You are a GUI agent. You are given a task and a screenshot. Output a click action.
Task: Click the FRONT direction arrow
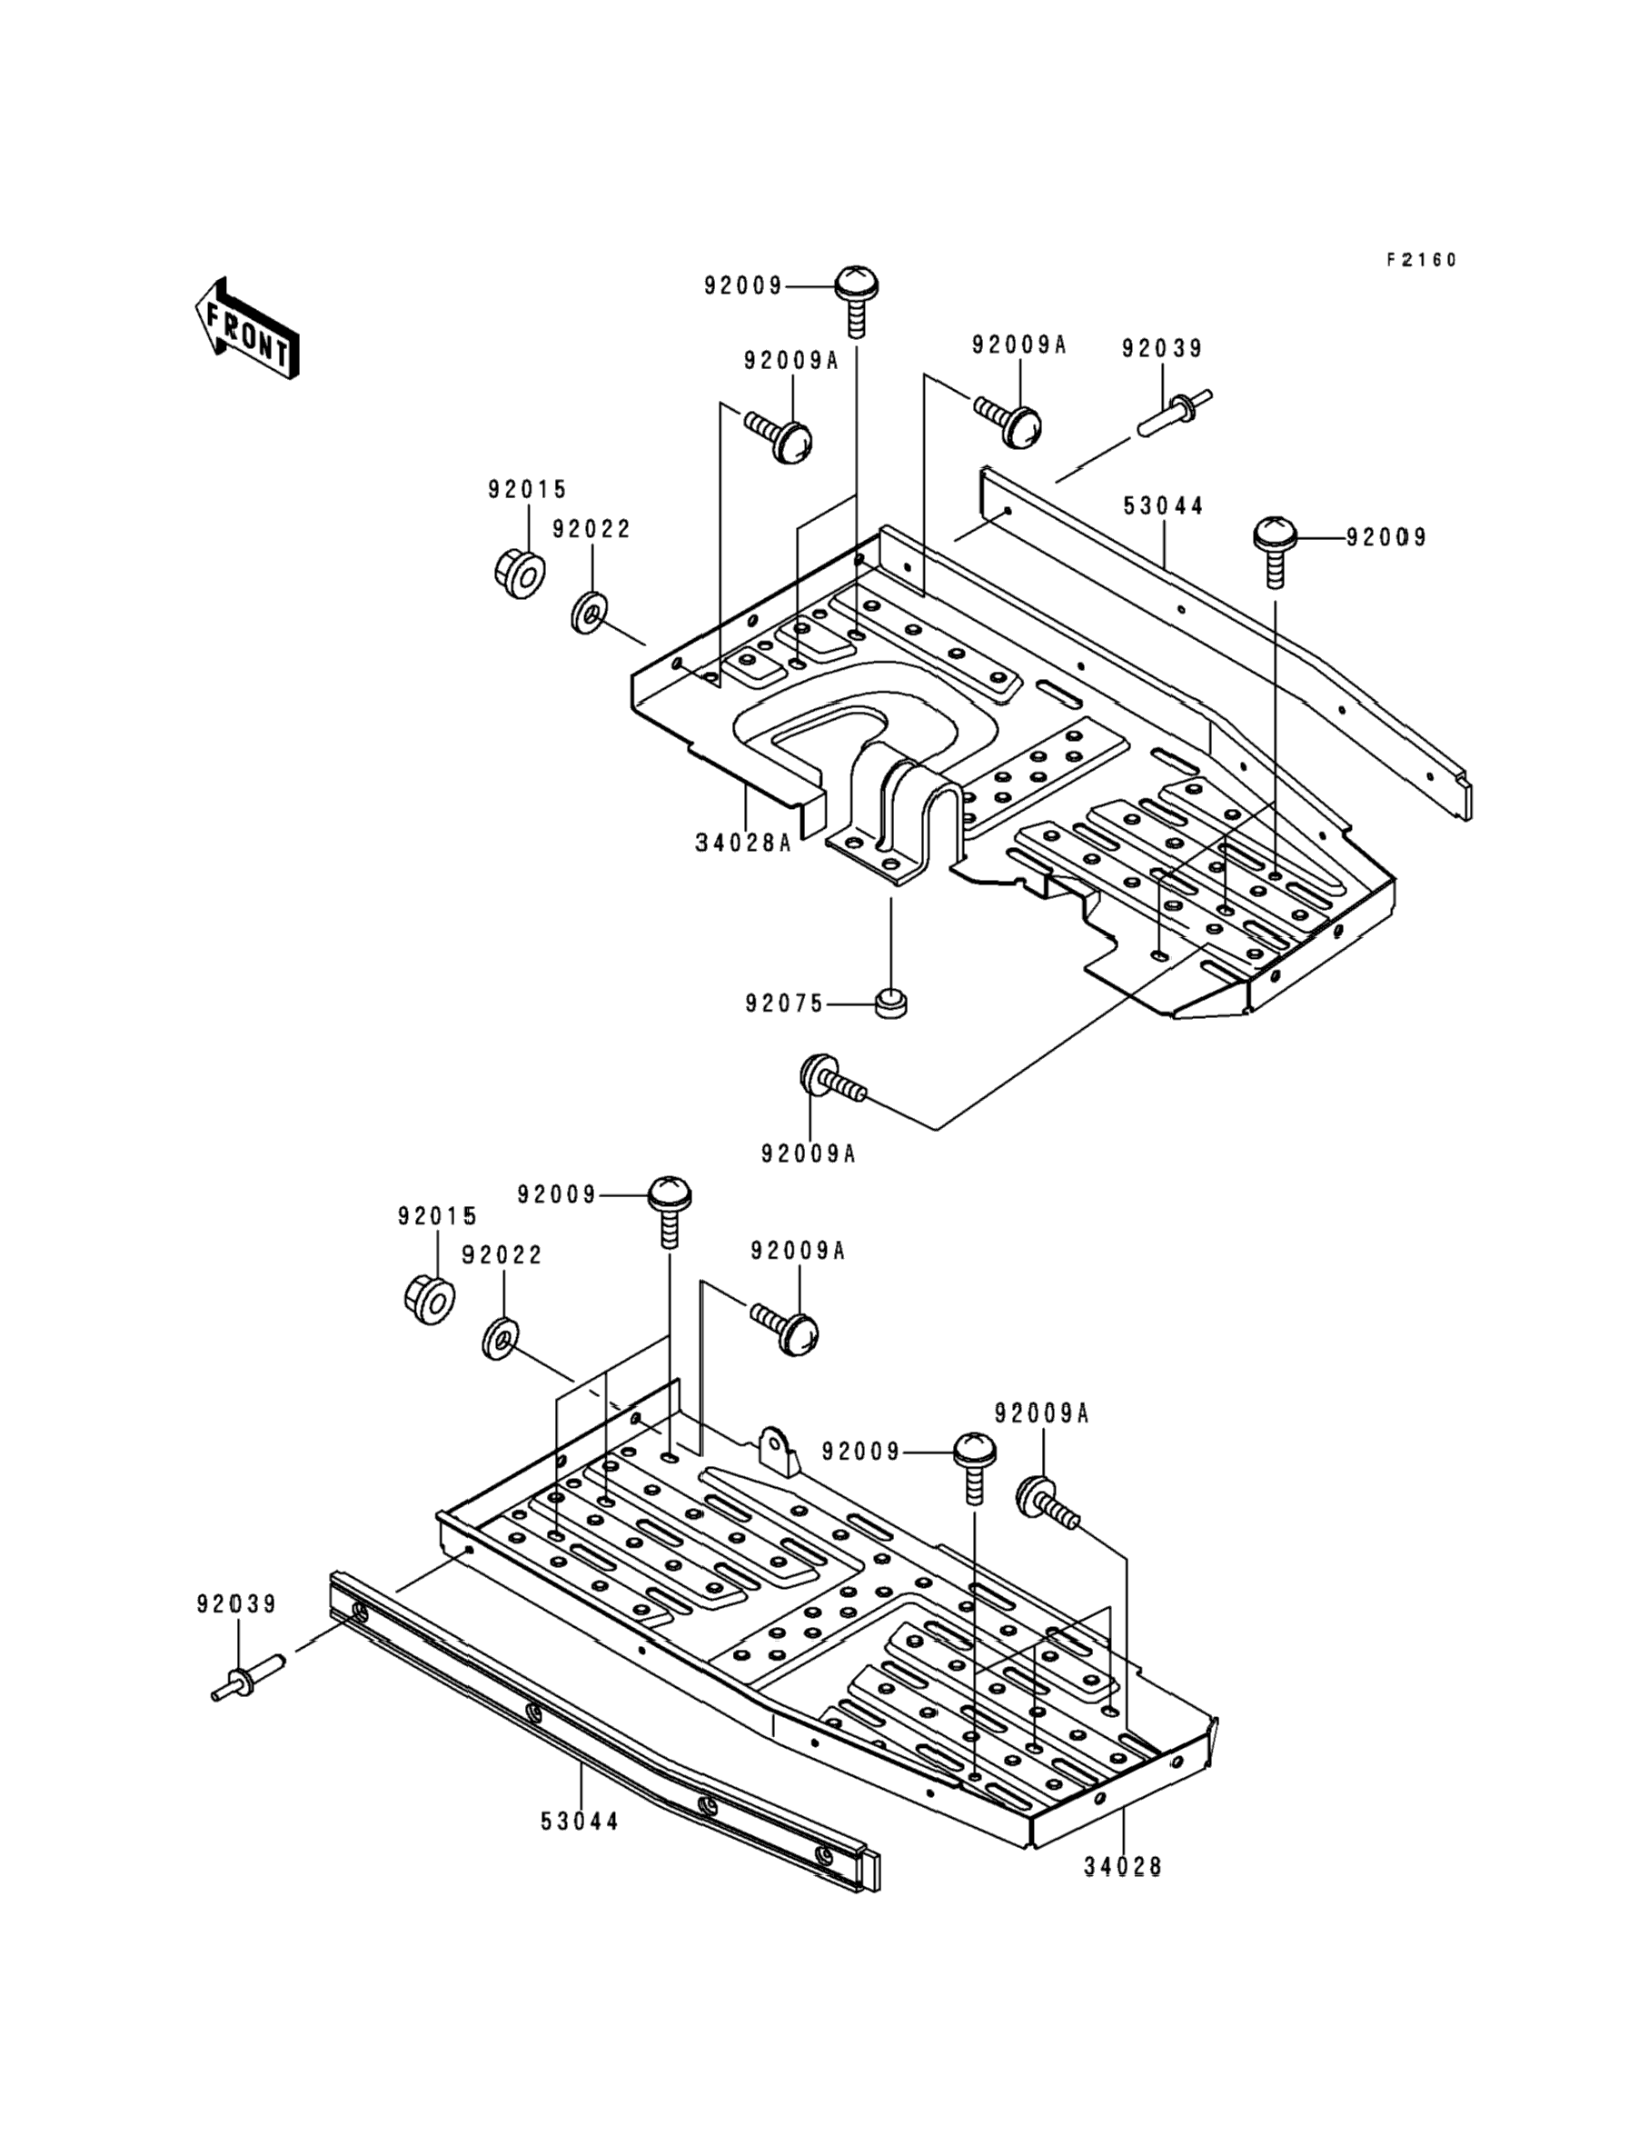click(x=247, y=329)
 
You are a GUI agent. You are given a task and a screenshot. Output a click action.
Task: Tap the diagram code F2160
click(x=1422, y=260)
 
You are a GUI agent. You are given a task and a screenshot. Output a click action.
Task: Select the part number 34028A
click(x=743, y=843)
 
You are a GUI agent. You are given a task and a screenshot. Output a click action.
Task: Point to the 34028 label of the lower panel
click(x=1123, y=1867)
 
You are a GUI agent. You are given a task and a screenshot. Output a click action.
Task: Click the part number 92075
click(x=784, y=1004)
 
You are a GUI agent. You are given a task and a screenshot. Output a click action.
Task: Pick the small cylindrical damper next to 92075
click(x=889, y=1003)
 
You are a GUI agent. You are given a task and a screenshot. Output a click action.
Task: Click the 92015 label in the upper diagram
click(x=528, y=490)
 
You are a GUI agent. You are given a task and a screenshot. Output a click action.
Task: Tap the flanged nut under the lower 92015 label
click(x=429, y=1299)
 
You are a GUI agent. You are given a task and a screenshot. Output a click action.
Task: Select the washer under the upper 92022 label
click(x=590, y=611)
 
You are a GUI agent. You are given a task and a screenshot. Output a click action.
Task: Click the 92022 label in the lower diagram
click(x=502, y=1255)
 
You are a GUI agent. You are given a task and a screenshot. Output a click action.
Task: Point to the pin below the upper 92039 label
click(x=1175, y=414)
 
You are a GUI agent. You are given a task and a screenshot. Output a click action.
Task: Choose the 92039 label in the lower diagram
click(x=237, y=1604)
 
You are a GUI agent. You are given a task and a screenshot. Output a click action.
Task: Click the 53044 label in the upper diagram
click(x=1164, y=506)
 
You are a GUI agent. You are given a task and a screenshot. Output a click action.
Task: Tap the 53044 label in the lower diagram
click(x=581, y=1822)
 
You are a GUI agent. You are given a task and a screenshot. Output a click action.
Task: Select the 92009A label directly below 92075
click(x=809, y=1153)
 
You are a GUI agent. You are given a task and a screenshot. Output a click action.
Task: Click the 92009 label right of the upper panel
click(x=1386, y=538)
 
